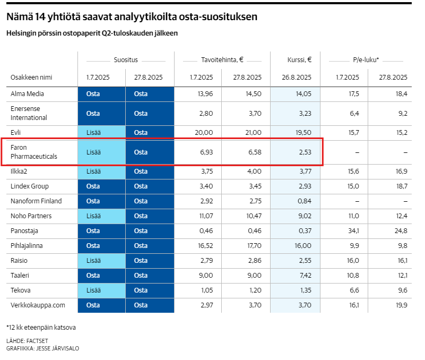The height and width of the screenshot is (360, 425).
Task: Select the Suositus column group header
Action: click(x=125, y=60)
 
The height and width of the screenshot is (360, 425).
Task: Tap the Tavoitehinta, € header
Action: click(x=222, y=60)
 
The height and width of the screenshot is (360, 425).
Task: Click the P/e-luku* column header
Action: click(x=366, y=60)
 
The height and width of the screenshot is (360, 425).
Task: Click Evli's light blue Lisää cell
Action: click(x=93, y=132)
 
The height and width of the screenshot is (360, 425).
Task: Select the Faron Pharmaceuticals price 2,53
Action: click(x=304, y=152)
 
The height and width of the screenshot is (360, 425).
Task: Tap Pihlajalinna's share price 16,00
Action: click(x=302, y=246)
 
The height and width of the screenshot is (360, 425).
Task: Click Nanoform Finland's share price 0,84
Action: click(x=304, y=201)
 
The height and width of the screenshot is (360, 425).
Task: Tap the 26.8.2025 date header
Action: click(x=296, y=77)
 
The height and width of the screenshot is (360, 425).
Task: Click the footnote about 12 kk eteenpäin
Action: click(x=41, y=327)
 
